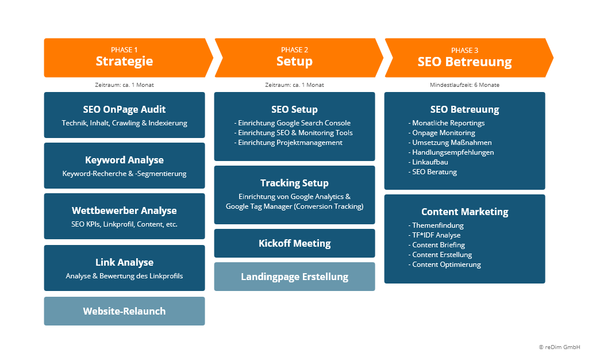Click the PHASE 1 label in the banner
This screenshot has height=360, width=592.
tap(124, 50)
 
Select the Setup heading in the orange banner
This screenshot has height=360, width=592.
tap(294, 62)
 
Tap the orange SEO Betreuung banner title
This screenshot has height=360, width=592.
tap(464, 62)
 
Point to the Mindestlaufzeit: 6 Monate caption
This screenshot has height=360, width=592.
tap(464, 85)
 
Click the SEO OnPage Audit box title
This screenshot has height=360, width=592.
tap(124, 109)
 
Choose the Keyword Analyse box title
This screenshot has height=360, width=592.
tap(124, 160)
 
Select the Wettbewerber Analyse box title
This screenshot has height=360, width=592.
tap(124, 210)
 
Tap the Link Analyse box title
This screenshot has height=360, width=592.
tap(124, 262)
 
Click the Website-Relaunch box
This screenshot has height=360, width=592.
tap(124, 311)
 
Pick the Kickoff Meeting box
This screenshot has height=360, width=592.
tap(294, 243)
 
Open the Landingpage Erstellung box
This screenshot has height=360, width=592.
tap(294, 277)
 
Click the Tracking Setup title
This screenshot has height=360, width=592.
tap(294, 183)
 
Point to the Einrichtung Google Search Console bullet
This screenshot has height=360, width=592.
tap(293, 123)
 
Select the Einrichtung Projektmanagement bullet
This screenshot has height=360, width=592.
tap(289, 143)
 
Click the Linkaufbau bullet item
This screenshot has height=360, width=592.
tap(430, 162)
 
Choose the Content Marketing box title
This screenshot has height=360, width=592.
tap(464, 212)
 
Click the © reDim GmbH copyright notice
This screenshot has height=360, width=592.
tap(559, 347)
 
